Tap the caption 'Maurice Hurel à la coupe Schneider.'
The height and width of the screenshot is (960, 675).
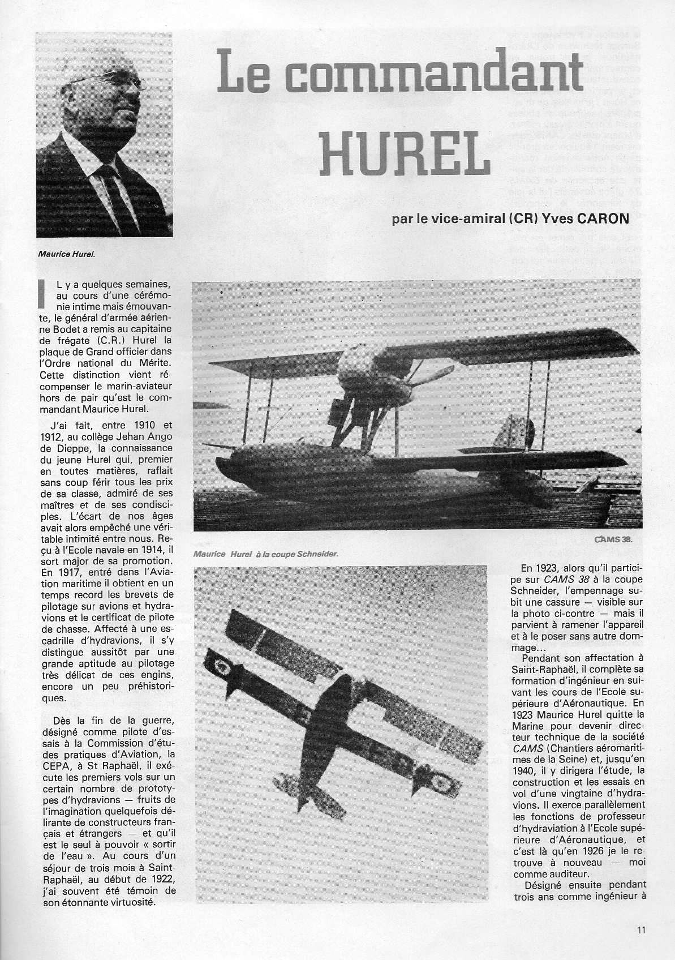pyautogui.click(x=265, y=554)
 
